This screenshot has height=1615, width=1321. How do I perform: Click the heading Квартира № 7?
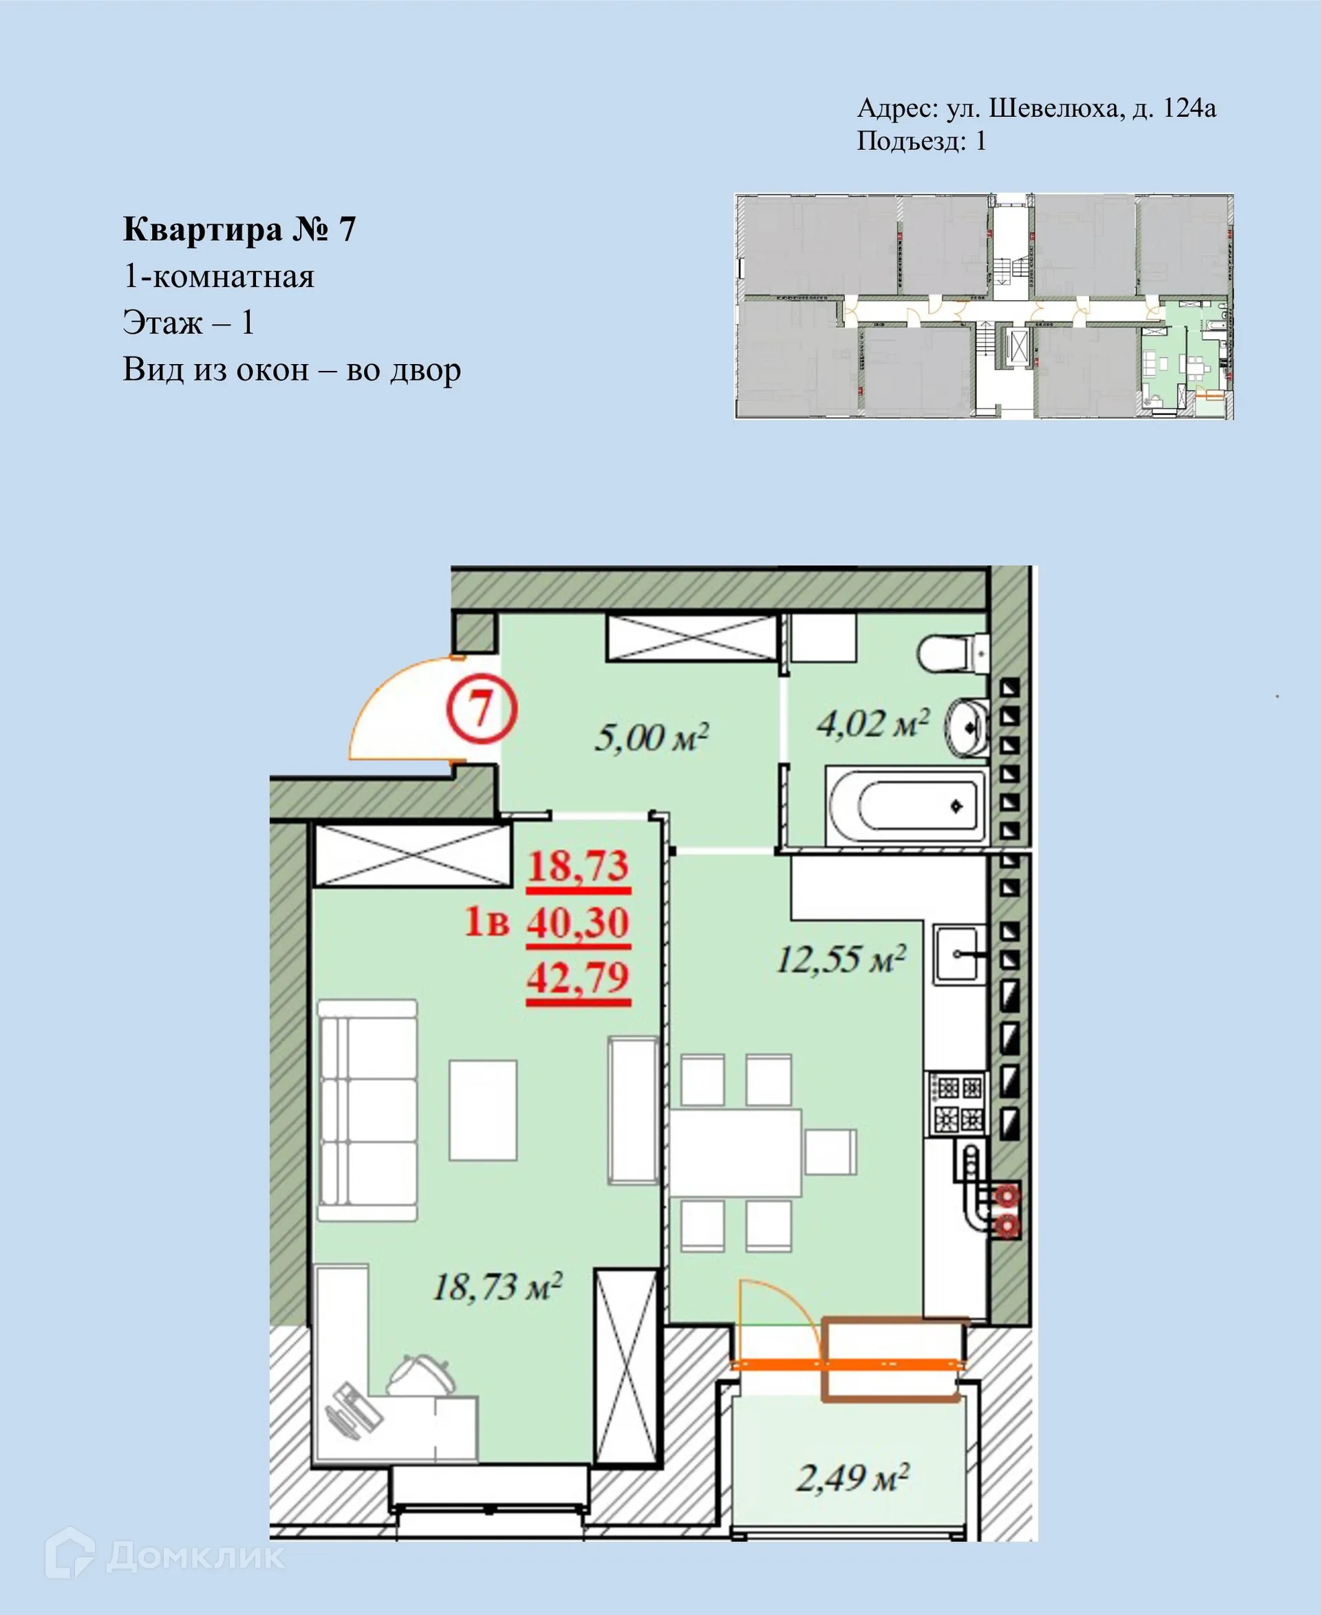tap(239, 229)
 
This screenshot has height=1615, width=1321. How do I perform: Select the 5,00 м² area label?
tap(652, 738)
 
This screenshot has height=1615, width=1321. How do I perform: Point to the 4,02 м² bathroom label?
tap(873, 723)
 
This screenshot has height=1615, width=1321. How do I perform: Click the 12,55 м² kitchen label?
tap(841, 959)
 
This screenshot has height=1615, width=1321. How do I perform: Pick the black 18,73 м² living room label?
tap(497, 1287)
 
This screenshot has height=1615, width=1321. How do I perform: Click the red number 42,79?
tap(579, 977)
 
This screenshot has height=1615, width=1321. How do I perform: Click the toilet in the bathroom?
tap(951, 653)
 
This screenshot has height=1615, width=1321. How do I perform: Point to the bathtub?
tap(905, 806)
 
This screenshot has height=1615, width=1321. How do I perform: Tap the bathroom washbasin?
tap(967, 727)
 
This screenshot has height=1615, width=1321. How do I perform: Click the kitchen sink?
tap(956, 953)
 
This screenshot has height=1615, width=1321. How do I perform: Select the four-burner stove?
tap(958, 1104)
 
